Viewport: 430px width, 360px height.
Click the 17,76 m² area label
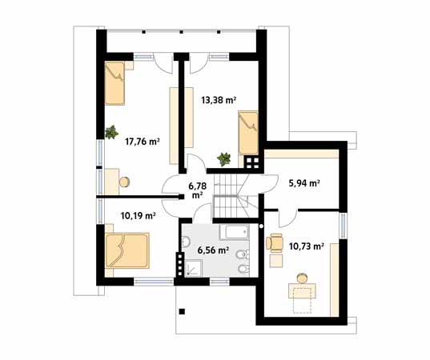click(x=143, y=142)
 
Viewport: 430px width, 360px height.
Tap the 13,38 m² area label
click(x=219, y=100)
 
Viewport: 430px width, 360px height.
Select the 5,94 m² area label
click(x=304, y=183)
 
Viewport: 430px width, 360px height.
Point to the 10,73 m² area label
click(x=307, y=246)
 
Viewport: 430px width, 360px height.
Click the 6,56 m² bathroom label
click(x=213, y=250)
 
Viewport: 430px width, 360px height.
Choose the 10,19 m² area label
click(x=139, y=216)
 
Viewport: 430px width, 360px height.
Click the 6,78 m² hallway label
click(x=198, y=190)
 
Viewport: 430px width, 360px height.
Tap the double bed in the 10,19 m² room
click(x=127, y=250)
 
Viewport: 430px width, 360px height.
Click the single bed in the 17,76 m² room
click(x=115, y=83)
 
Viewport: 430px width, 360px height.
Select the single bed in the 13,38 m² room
click(x=248, y=133)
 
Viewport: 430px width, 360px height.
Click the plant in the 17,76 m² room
click(x=111, y=132)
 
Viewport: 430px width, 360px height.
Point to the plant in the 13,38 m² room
click(x=223, y=159)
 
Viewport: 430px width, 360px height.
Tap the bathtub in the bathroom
click(x=234, y=232)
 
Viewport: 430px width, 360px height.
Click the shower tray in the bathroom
click(x=193, y=269)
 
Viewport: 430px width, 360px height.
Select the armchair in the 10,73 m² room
click(x=274, y=242)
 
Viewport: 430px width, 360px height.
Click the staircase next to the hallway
click(x=235, y=196)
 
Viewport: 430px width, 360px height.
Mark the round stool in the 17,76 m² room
click(x=124, y=182)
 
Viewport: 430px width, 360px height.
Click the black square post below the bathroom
click(x=182, y=311)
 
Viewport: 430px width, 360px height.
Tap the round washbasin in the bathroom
click(x=186, y=242)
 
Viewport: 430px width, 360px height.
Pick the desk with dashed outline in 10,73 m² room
click(x=302, y=298)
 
